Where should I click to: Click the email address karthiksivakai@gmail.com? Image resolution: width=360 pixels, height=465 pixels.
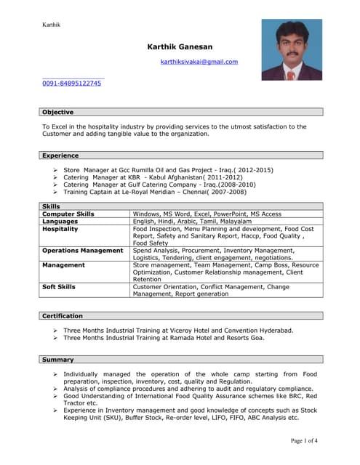tap(199, 62)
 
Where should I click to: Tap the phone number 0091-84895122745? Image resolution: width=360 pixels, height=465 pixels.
tap(71, 84)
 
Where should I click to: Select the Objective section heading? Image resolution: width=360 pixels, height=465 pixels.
tap(57, 112)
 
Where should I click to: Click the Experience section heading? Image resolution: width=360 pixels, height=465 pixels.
tap(60, 155)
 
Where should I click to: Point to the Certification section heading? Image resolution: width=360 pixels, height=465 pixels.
tap(63, 316)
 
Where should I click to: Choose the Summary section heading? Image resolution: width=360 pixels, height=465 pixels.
tap(58, 360)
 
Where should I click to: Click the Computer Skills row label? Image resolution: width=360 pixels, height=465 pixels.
tap(68, 214)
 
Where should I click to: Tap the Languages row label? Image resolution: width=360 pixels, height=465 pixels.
tap(60, 222)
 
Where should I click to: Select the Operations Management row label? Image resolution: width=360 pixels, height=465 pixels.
tap(82, 251)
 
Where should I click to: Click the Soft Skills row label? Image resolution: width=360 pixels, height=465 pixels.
tap(59, 287)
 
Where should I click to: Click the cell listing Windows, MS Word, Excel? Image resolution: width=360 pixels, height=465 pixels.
tap(207, 214)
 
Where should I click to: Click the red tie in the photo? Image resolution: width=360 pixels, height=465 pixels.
tap(292, 73)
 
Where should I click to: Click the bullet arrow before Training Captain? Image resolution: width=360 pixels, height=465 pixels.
tap(55, 192)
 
